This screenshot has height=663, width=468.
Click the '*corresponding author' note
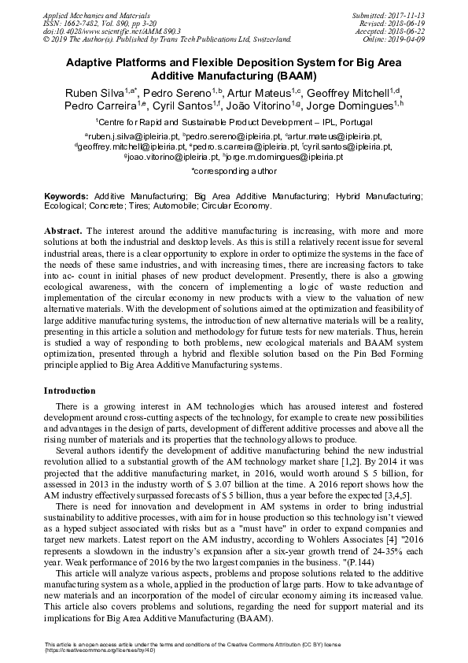[x=234, y=169]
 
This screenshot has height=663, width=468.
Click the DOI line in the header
[x=90, y=30]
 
